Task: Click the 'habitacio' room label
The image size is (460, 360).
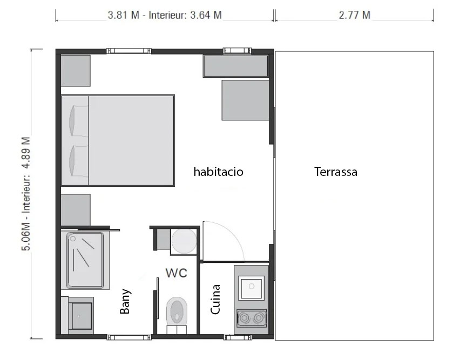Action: [x=218, y=172]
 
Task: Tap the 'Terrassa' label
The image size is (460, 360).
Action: [x=336, y=172]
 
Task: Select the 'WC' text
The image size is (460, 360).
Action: [x=177, y=273]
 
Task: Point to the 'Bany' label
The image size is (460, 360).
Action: [x=125, y=301]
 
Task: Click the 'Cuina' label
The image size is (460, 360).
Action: [x=215, y=299]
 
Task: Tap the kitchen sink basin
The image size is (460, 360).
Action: [x=252, y=288]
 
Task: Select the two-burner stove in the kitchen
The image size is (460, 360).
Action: [x=252, y=318]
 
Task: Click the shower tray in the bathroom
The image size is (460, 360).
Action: [x=85, y=260]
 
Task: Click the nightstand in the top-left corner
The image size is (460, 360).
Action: [x=76, y=71]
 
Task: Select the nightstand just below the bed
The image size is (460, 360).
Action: [x=76, y=210]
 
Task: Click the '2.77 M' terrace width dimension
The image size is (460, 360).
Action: [x=354, y=15]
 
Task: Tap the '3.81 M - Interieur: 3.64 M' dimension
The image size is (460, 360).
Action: [x=165, y=15]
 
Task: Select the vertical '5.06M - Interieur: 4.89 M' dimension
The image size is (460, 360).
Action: [x=26, y=194]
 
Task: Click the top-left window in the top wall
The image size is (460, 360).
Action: [x=129, y=51]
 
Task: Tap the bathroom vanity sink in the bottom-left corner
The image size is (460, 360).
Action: [x=80, y=315]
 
